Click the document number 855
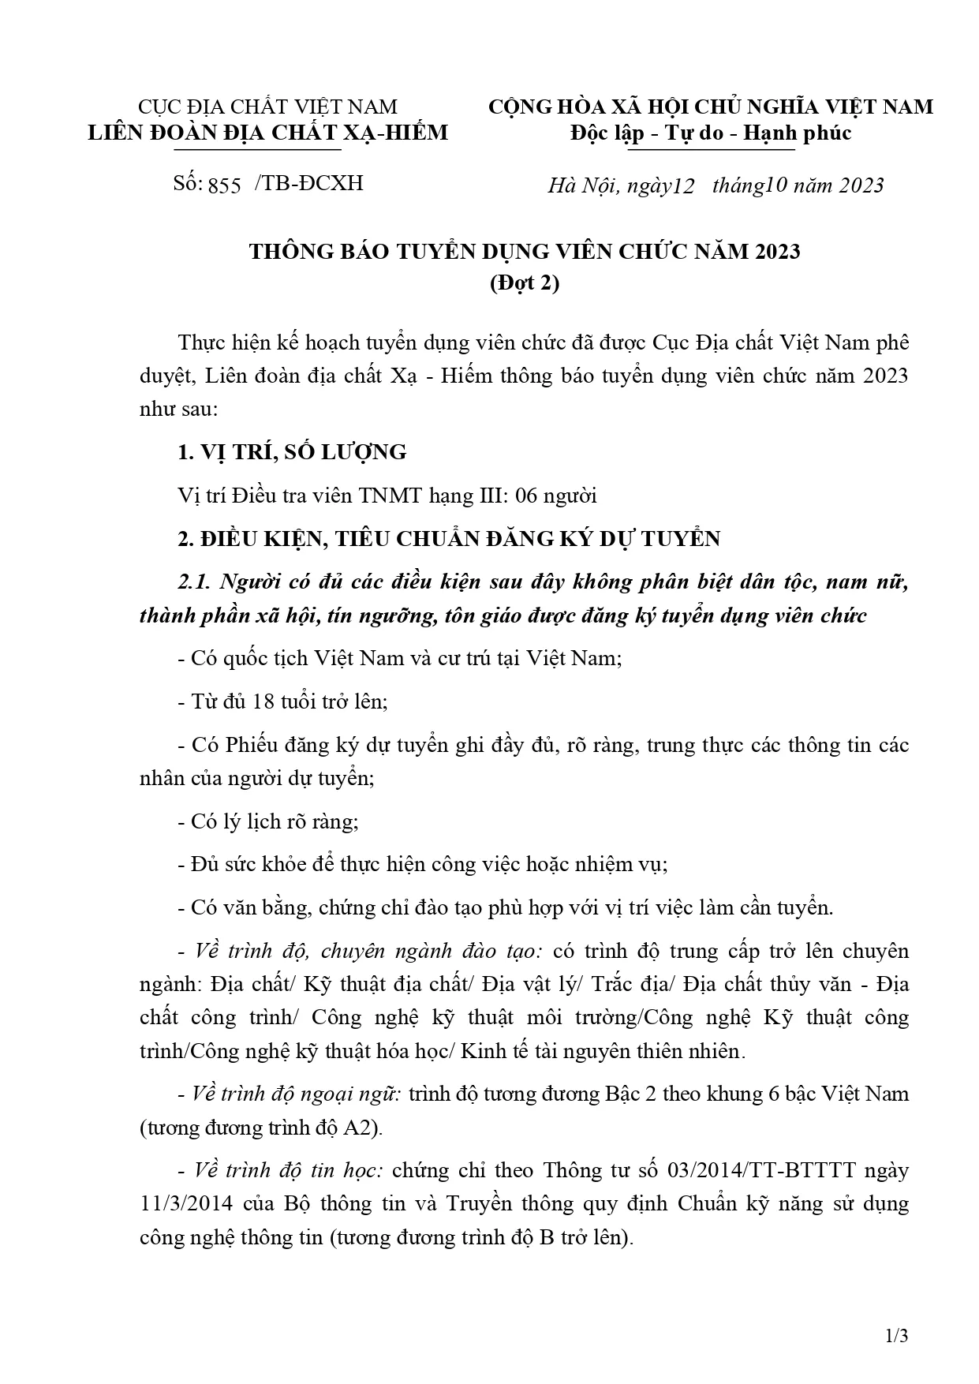[225, 186]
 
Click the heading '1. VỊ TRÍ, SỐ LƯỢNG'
[292, 452]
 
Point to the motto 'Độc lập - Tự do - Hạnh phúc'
[711, 133]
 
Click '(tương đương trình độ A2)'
[261, 1128]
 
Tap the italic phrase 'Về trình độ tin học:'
[288, 1170]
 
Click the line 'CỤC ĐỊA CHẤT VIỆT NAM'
[268, 106]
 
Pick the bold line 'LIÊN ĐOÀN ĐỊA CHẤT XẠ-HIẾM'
[268, 132]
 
